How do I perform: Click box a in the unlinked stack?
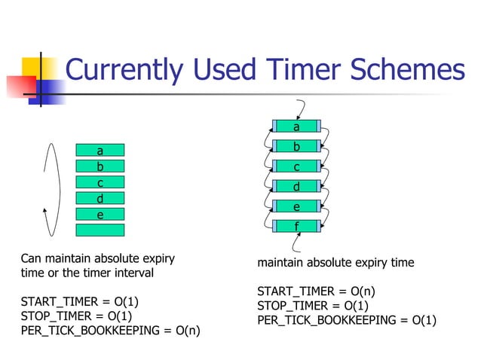point(100,151)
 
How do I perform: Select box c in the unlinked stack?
point(100,182)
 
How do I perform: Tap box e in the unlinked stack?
point(100,214)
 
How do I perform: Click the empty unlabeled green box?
point(100,230)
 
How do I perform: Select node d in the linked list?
point(296,186)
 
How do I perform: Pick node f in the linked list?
point(296,226)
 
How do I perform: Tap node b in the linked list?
point(296,146)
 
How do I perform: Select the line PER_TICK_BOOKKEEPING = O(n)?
point(110,330)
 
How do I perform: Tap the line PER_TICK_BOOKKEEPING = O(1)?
point(346,320)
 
